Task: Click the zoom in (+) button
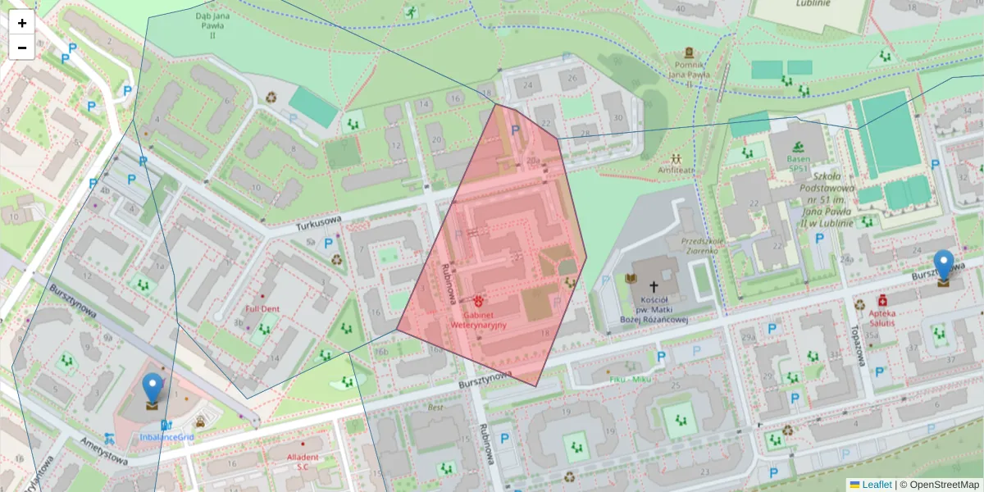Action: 22,23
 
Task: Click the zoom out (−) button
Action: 22,48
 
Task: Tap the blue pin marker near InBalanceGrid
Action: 152,389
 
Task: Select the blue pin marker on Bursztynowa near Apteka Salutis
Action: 944,266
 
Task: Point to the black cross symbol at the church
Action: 654,287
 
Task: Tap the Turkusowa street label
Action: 318,221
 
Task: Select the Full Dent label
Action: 262,309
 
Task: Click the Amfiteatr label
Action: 676,171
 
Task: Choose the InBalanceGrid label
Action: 166,437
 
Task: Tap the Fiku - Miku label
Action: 630,380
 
